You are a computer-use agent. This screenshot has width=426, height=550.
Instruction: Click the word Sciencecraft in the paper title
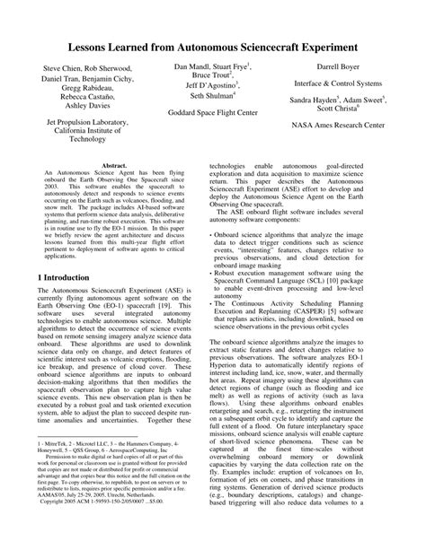[x=261, y=45]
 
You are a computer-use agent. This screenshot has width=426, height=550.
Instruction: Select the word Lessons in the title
[x=90, y=45]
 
